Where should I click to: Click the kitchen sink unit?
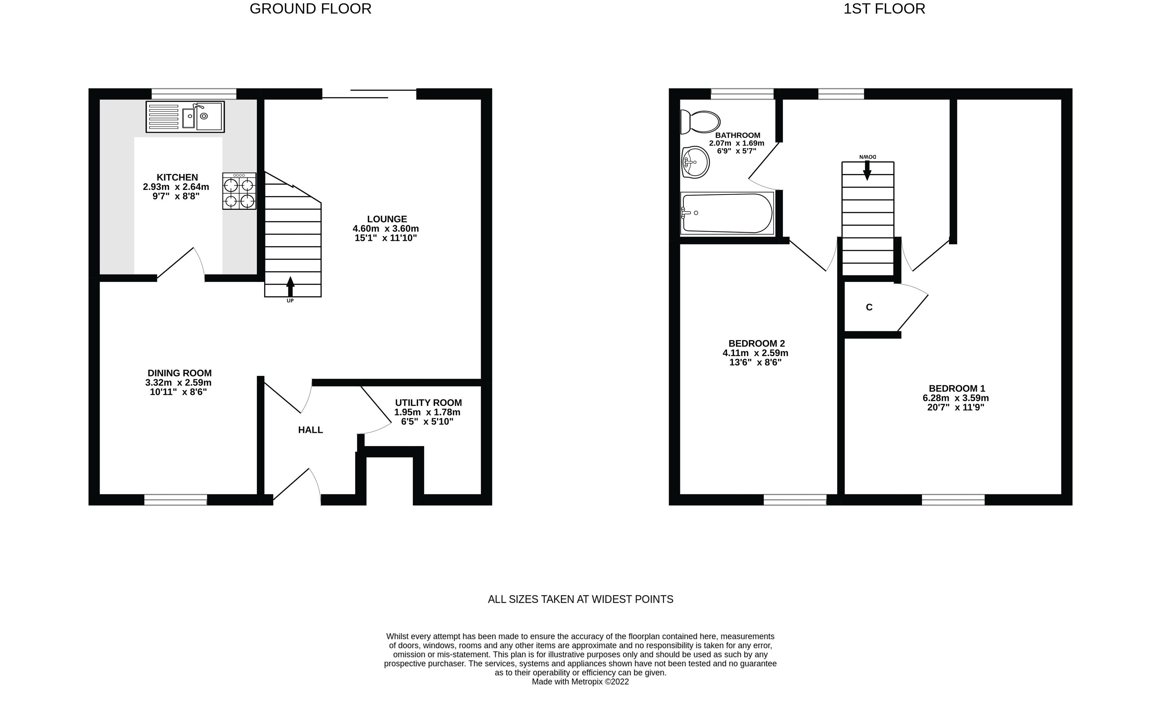[185, 117]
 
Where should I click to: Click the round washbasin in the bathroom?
[696, 162]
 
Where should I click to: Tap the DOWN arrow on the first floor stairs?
[867, 170]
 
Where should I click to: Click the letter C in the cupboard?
[869, 308]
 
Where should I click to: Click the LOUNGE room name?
[387, 219]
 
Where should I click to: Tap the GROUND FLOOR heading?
[311, 9]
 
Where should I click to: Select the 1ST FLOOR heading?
[884, 9]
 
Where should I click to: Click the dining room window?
[175, 500]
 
